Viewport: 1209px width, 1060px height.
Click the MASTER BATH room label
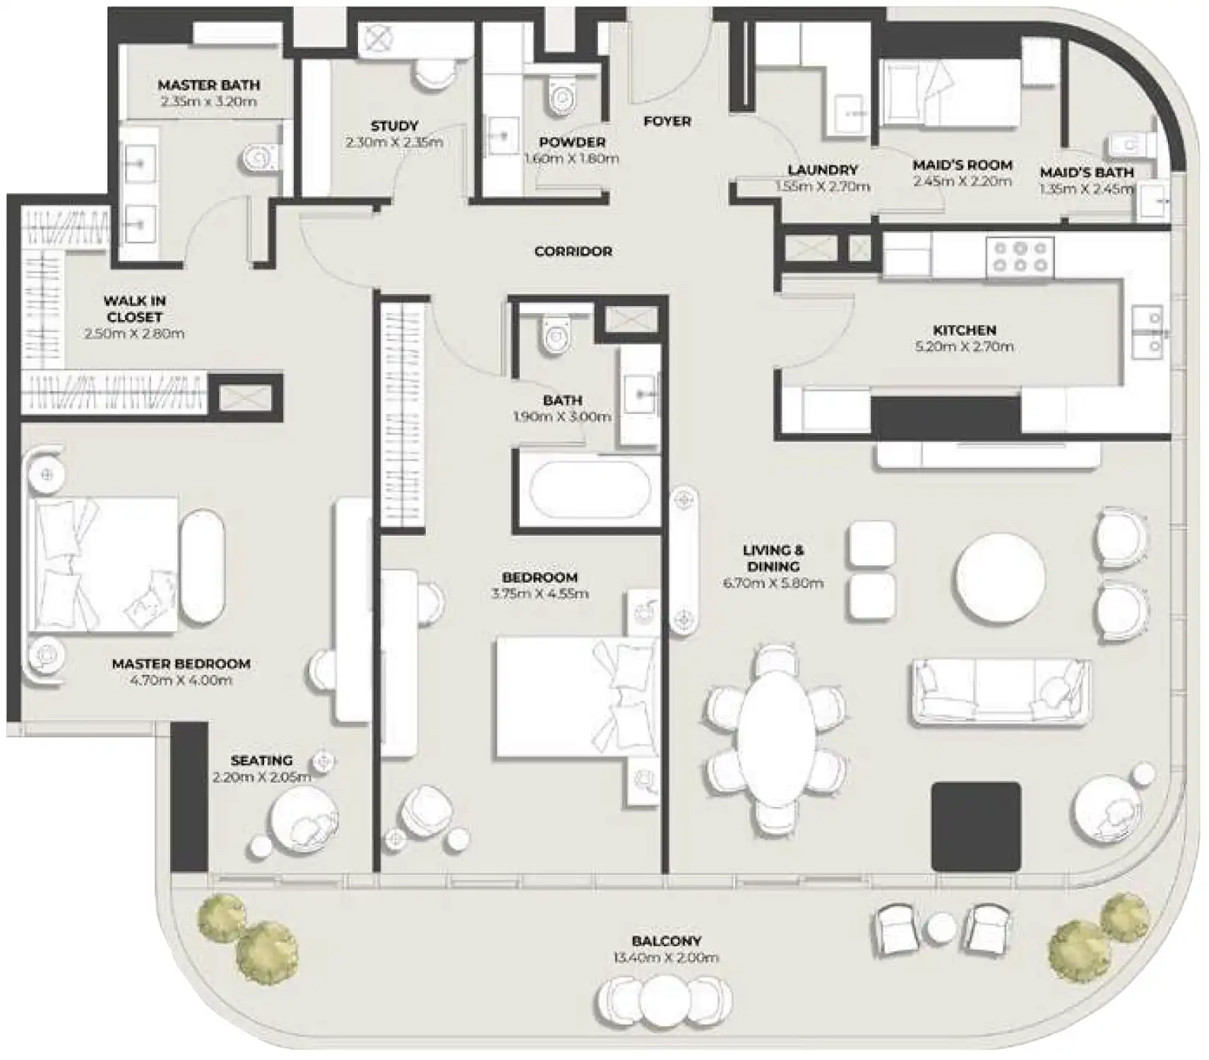point(208,85)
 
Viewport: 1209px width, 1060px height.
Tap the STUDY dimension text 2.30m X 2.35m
point(394,143)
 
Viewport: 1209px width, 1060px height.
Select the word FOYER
point(667,122)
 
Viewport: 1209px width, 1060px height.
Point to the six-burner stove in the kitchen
point(1020,257)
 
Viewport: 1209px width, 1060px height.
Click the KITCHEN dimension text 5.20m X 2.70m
point(964,347)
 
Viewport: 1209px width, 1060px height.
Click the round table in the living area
point(999,577)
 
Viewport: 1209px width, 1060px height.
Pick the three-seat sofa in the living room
point(999,693)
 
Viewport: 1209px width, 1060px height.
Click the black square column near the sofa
point(976,826)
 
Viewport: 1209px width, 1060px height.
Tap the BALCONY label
point(667,941)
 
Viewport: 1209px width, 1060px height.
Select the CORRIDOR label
point(573,252)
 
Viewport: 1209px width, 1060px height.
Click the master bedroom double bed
point(102,564)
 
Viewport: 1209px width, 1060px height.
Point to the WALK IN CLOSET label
point(134,309)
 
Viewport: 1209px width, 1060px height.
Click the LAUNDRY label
point(822,170)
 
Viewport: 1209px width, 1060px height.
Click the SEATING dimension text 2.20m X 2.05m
point(261,777)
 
